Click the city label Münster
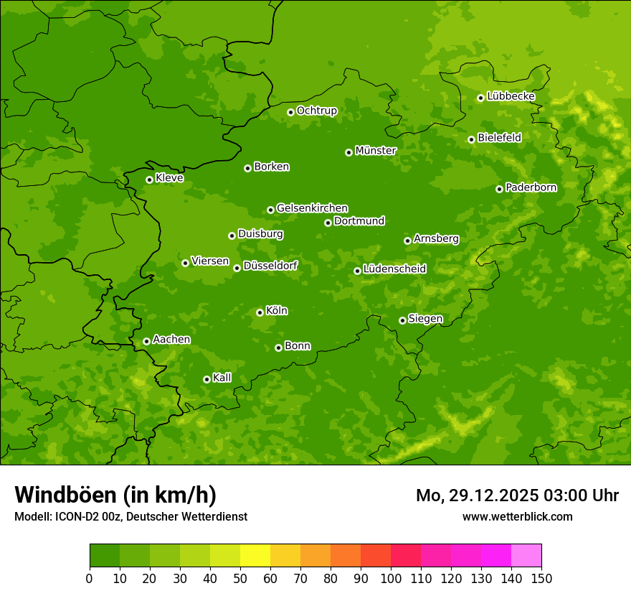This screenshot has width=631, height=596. [376, 151]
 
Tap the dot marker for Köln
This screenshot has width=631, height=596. [260, 312]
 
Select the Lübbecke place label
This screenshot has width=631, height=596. [511, 96]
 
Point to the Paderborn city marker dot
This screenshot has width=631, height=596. [499, 189]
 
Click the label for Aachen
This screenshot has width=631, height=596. [171, 340]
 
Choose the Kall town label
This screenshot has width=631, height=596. [222, 378]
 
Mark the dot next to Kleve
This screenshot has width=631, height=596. [149, 180]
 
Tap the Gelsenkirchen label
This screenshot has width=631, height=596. [312, 208]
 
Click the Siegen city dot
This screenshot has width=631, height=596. [402, 320]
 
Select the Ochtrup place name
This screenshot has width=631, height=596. [316, 111]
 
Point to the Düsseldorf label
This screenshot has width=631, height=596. [270, 266]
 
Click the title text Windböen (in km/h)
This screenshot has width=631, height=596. [115, 495]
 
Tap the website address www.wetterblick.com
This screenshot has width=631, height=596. [517, 516]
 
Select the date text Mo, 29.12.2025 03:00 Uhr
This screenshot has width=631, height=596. [517, 495]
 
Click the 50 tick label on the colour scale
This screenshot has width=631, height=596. [240, 578]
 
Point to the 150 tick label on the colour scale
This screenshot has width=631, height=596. [541, 578]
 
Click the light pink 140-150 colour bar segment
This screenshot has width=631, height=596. [526, 556]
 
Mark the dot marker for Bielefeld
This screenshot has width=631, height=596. [471, 139]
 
